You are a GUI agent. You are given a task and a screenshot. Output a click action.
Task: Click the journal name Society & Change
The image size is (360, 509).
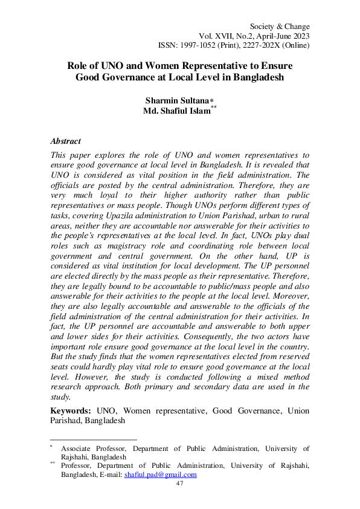tap(279, 27)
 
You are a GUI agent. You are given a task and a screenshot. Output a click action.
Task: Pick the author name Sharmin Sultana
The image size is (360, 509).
tap(174, 100)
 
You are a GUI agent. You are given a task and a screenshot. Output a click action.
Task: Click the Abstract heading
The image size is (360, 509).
tap(66, 141)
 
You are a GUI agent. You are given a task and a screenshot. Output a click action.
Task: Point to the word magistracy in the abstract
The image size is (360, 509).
tap(156, 246)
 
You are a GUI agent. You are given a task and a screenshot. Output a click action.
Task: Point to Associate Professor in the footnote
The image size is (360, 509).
tap(94, 449)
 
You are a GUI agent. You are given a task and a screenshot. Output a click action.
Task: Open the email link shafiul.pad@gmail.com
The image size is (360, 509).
tap(161, 475)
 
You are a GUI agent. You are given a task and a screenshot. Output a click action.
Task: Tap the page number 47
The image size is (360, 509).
tap(179, 484)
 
